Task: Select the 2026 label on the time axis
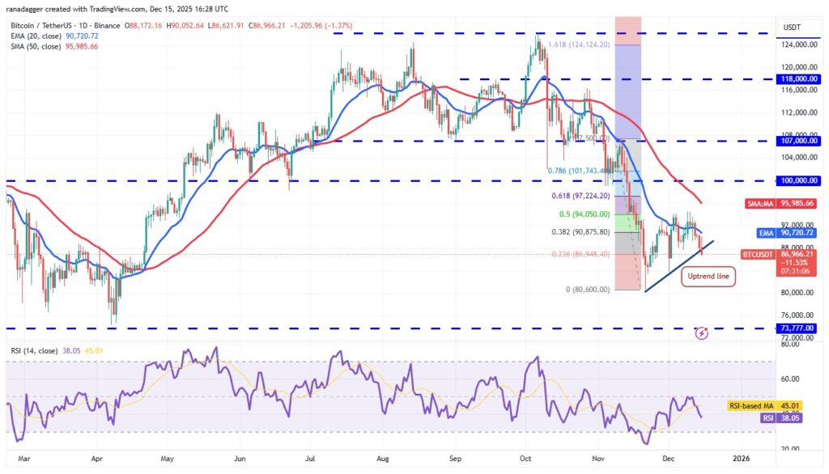point(740,459)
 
